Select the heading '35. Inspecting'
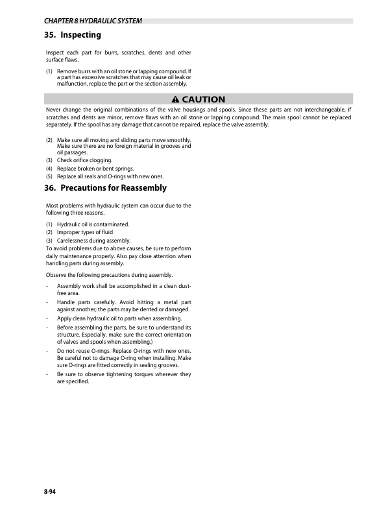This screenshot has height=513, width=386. point(73,34)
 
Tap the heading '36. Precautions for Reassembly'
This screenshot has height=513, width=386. point(106,188)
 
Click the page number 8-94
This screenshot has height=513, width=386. point(44,494)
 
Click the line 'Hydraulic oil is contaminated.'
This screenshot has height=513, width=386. point(93,224)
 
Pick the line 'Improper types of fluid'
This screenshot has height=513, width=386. point(85,233)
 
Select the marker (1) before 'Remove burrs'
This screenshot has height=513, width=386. point(49,69)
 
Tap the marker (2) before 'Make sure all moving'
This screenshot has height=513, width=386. point(49,140)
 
